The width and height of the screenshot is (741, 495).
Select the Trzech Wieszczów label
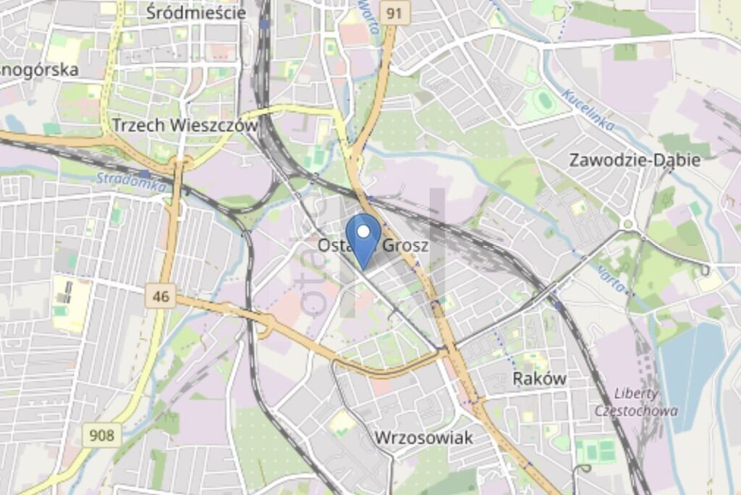185,124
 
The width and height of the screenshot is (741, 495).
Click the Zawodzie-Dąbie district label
635,160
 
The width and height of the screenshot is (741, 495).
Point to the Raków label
539,378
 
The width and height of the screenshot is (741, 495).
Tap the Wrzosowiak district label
424,437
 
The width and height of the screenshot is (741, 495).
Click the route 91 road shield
394,12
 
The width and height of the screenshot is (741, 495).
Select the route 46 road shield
160,295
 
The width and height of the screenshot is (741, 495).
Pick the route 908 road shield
102,435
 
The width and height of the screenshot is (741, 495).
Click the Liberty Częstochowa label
637,402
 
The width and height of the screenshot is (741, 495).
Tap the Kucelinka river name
588,109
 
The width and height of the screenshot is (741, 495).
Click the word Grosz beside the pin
405,245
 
